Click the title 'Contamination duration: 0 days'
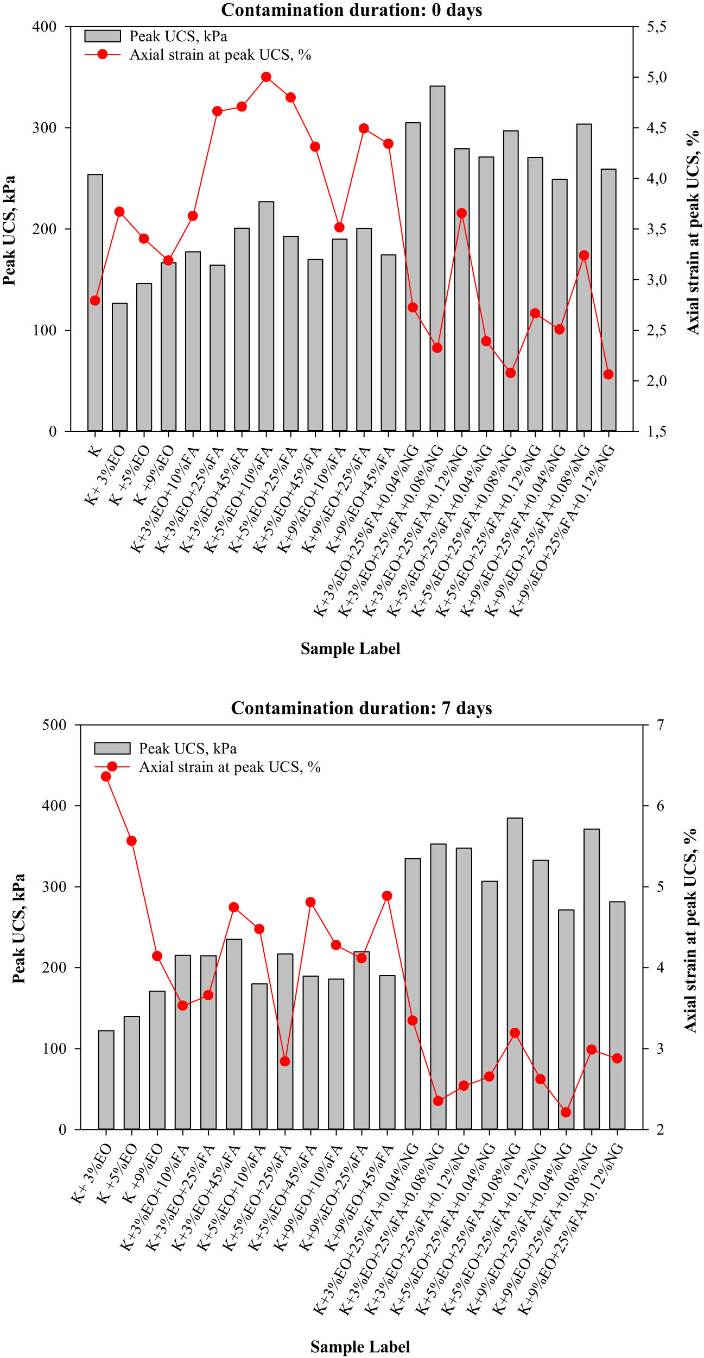pos(351,10)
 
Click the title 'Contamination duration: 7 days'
pos(361,708)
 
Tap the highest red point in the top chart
pos(266,77)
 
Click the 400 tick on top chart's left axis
pos(45,27)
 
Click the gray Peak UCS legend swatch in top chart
pos(103,36)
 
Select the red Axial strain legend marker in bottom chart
pos(112,766)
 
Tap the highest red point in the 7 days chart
pos(106,776)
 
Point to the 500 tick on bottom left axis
pos(54,725)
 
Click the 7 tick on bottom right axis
pos(660,725)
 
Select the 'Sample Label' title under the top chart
pos(350,649)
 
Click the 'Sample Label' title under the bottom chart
pos(360,1347)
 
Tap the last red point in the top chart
pos(608,374)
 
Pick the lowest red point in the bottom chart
pos(566,1112)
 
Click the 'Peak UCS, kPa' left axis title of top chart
pos(9,230)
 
